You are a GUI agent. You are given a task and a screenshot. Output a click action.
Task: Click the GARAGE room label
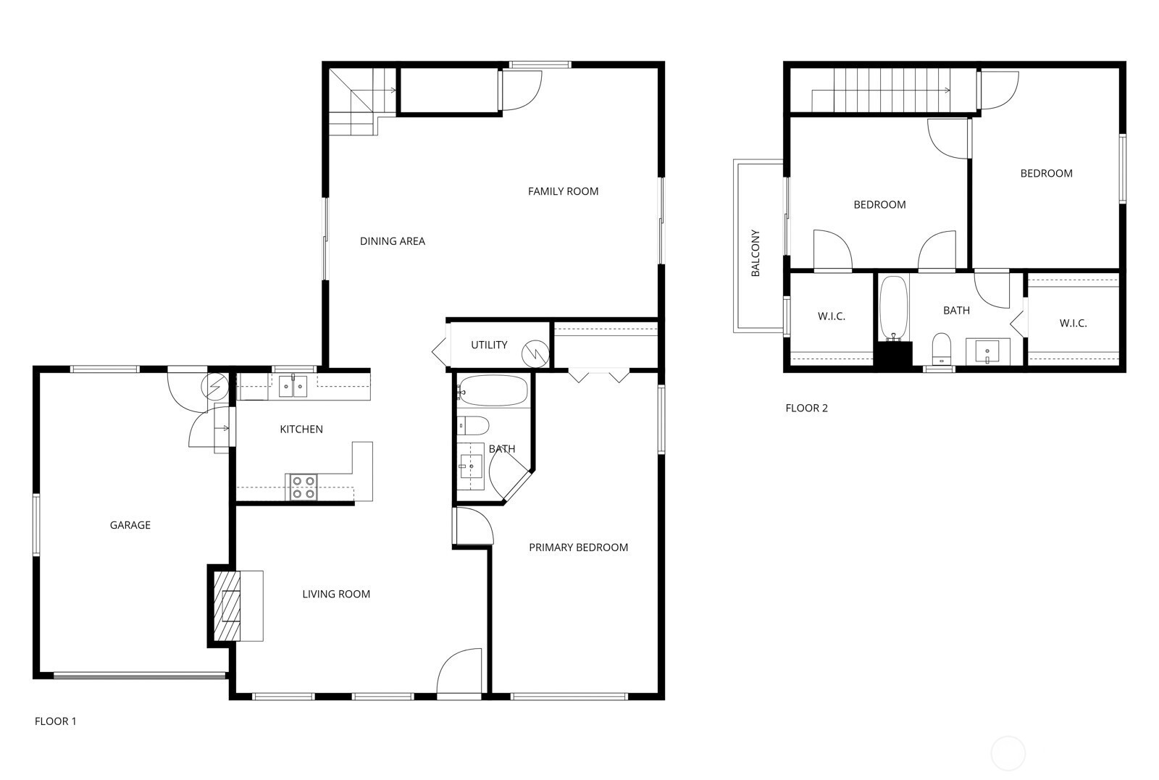point(130,525)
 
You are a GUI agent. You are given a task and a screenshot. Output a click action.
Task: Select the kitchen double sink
point(293,387)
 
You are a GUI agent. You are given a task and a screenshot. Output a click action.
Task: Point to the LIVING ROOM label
point(336,594)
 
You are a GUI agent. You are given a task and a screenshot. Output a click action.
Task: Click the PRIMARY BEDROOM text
point(579,548)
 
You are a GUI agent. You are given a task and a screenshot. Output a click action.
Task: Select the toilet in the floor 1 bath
point(473,426)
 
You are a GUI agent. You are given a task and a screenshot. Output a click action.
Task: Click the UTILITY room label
point(489,345)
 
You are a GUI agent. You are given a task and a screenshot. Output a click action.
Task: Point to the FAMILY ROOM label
point(563,191)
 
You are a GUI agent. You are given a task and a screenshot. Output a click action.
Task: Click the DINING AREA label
point(392,241)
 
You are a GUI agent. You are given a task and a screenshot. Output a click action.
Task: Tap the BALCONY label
point(755,253)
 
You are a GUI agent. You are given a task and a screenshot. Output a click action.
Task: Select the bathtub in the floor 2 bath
point(894,309)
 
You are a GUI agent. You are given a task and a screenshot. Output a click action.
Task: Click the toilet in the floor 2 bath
point(942,349)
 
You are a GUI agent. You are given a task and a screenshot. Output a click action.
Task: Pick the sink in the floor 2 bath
point(987,351)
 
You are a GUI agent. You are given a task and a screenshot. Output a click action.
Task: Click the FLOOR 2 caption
point(807,408)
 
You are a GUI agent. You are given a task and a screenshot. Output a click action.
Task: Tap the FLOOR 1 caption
point(55,721)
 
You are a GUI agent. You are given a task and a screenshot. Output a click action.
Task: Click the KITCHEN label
point(301,429)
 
